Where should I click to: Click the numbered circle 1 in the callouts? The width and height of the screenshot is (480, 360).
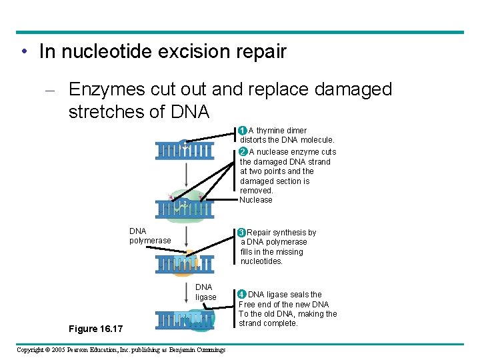(243, 130)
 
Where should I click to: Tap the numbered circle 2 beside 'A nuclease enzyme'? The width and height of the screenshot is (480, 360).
(243, 151)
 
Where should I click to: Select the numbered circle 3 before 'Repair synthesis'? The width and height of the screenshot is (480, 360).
(242, 233)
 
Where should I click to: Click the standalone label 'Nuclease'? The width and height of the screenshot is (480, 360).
(256, 200)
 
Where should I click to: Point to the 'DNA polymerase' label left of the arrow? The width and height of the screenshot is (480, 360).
(149, 236)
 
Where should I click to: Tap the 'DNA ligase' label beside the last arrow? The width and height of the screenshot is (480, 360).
(205, 292)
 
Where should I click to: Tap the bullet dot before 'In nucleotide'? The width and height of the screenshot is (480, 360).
(24, 52)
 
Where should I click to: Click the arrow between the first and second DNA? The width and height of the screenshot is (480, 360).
(185, 175)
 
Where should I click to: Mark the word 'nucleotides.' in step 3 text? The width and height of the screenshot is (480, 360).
(261, 261)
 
